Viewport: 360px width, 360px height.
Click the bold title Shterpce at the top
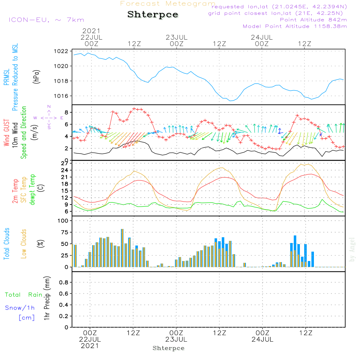tap(153, 15)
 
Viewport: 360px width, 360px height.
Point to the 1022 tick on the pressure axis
tap(61, 51)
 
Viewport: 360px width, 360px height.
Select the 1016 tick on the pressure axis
tap(61, 96)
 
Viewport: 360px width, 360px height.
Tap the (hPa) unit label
tap(36, 77)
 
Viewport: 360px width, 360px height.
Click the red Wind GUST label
tap(6, 133)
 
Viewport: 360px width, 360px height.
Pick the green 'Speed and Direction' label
tap(24, 132)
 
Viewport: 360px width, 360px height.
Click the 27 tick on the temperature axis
tap(65, 163)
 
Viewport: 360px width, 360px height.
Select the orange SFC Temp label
tap(24, 190)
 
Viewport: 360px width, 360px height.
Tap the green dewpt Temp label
tap(32, 189)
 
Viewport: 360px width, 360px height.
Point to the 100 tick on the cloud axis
tap(63, 221)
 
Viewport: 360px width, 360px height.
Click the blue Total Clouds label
tap(6, 244)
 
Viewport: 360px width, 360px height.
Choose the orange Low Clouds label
tap(24, 244)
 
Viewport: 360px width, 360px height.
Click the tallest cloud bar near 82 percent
tap(122, 248)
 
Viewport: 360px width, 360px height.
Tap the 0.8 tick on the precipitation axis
tap(64, 282)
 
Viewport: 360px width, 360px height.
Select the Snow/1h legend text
tap(20, 308)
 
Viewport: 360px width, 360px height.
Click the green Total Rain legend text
tap(24, 295)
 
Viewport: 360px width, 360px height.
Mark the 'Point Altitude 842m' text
tap(313, 20)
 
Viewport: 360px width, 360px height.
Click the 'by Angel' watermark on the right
tap(352, 249)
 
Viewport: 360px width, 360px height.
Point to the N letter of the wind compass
tap(49, 107)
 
